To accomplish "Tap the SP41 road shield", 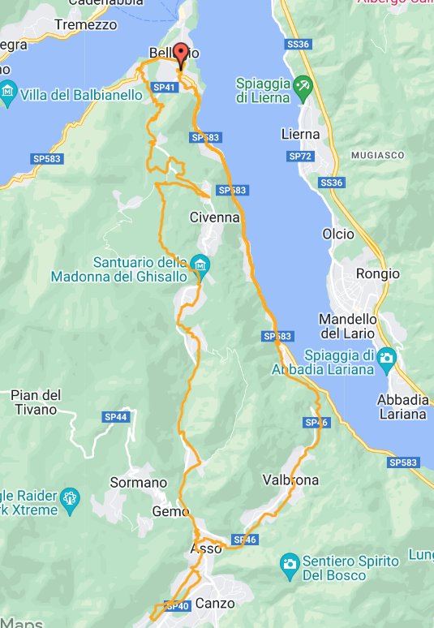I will click(165, 87).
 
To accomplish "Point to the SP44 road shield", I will click(116, 417).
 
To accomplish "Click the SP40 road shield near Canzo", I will click(178, 605).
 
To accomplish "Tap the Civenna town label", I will click(214, 217).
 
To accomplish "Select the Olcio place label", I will click(337, 234).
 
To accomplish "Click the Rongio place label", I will click(379, 273).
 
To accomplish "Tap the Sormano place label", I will click(139, 483).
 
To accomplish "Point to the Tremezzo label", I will click(85, 25).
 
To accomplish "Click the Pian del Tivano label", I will click(36, 402).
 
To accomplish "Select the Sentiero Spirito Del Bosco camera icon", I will click(289, 563).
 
